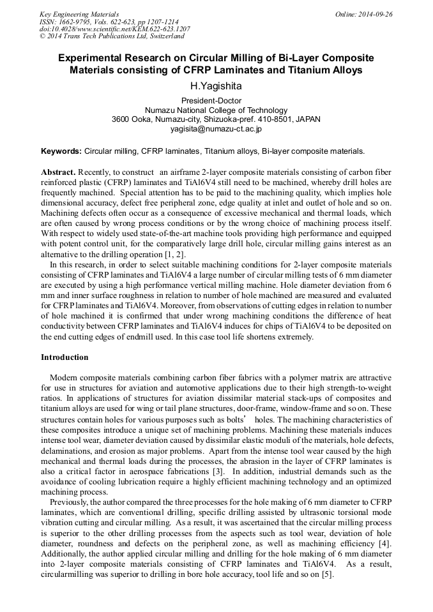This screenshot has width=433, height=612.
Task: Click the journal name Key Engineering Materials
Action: pyautogui.click(x=79, y=14)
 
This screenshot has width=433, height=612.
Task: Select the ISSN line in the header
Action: pyautogui.click(x=109, y=22)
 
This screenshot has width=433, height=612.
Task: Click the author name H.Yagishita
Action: pyautogui.click(x=216, y=86)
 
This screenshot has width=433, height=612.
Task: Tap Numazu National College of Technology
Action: pyautogui.click(x=216, y=110)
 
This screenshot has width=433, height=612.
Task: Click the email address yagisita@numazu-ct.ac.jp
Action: pyautogui.click(x=216, y=128)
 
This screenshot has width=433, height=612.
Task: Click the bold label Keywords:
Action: pyautogui.click(x=61, y=152)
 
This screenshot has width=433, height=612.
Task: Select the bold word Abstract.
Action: pyautogui.click(x=58, y=173)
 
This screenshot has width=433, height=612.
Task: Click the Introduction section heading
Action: pyautogui.click(x=65, y=357)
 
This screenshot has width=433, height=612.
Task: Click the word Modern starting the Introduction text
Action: pyautogui.click(x=64, y=378)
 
